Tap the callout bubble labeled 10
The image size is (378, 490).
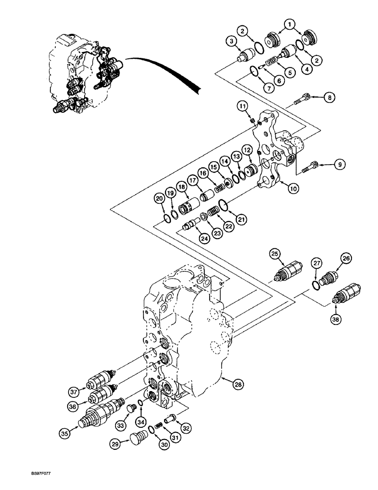(x=293, y=188)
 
